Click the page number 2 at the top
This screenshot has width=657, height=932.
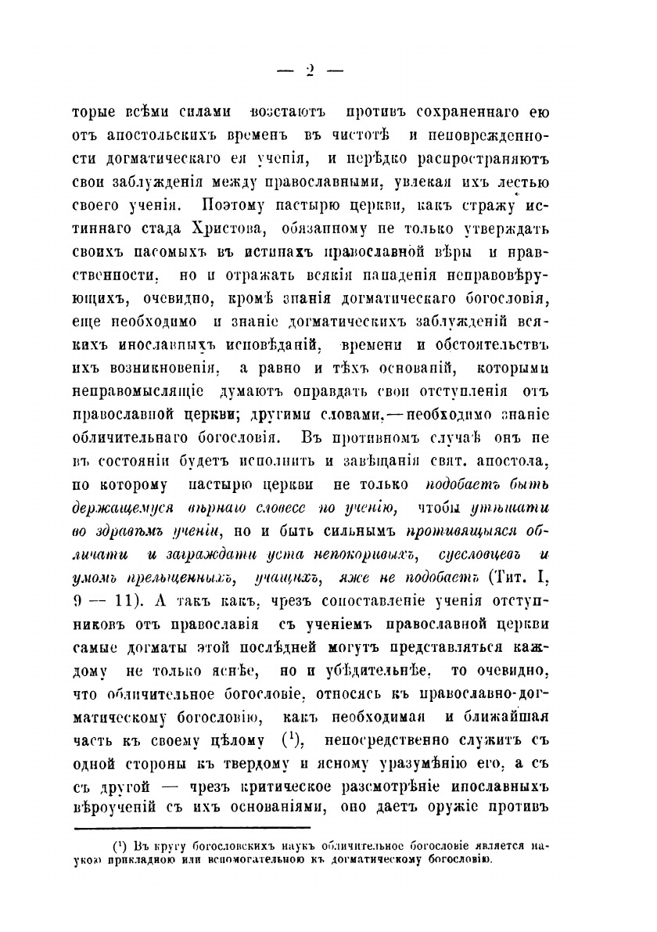[x=310, y=70]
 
